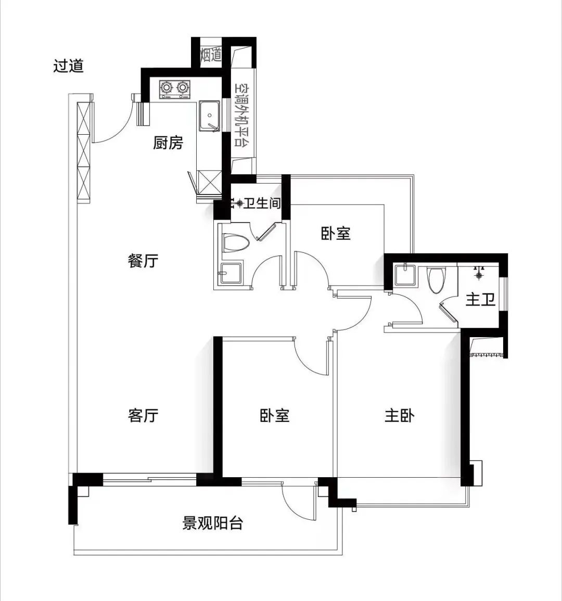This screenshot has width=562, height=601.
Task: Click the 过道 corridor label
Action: (68, 66)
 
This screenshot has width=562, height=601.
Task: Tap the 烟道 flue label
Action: (211, 54)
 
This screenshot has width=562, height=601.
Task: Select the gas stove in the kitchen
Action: (174, 89)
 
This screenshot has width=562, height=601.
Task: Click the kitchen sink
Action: (209, 115)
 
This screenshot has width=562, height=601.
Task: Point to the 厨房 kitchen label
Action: (168, 143)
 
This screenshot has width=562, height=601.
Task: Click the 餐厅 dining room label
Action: (143, 260)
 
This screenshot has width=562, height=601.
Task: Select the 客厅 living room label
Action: (143, 415)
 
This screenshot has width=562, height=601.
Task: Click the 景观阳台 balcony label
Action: (213, 522)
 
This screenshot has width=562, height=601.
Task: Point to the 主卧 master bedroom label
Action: (400, 415)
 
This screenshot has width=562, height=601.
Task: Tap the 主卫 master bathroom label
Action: (480, 300)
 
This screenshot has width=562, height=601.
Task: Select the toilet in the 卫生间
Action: (233, 243)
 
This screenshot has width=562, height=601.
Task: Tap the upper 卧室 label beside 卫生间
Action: (336, 233)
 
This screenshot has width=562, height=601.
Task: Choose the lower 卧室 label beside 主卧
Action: (275, 415)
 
